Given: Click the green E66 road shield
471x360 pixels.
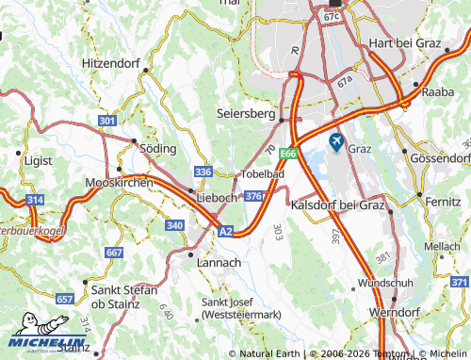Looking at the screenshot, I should point(288,155).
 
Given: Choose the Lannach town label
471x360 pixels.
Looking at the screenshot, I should point(219,262).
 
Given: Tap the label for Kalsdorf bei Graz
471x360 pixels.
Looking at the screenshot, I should point(338,205).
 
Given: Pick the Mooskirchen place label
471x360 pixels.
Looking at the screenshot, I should point(119,182).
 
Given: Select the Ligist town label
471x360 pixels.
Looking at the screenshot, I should point(41,161).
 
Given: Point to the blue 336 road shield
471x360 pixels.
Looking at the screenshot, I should point(203,172).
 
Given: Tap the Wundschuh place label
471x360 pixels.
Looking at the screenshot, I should point(385,283).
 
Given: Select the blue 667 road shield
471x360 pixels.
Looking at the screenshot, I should point(114,253).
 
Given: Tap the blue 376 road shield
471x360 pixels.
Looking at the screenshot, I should point(253,196).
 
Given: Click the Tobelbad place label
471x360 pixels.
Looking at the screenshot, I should point(264,175).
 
